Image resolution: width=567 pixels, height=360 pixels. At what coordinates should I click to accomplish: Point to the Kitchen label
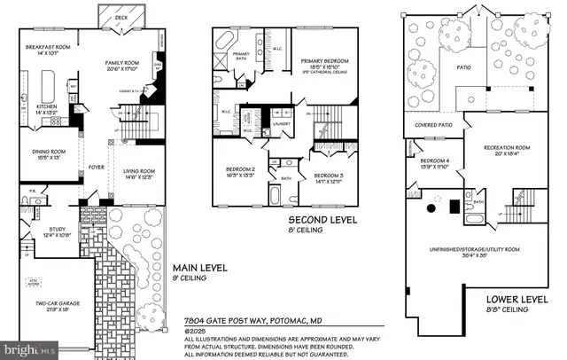click(46, 108)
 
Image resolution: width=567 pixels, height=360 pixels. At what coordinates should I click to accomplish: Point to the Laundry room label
click(283, 123)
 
